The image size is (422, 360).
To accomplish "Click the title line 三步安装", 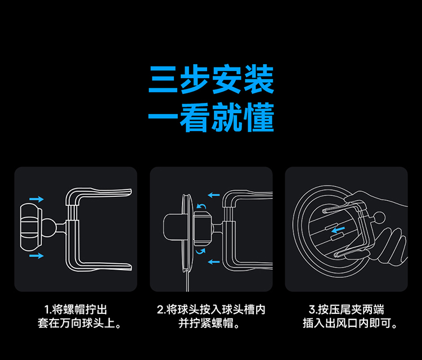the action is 211,80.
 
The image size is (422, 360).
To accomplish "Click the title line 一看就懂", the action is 211,118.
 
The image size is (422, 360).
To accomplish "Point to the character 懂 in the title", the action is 259,118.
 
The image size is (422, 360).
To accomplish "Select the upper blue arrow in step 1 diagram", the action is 36,199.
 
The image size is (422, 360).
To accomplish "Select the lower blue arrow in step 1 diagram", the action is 36,256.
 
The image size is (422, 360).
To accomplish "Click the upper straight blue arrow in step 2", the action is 213,195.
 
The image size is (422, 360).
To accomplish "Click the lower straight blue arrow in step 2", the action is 213,262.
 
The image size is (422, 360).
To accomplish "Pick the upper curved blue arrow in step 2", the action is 201,208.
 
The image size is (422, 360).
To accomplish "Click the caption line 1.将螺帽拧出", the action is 76,310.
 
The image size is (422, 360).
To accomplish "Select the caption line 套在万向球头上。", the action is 76,324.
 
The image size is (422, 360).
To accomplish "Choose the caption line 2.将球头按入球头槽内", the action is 211,310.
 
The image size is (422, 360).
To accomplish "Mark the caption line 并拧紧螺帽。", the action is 211,324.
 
